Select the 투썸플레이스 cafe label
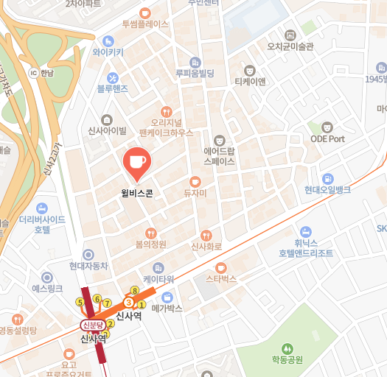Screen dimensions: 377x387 click(x=145, y=24)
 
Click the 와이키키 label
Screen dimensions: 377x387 click(x=108, y=52)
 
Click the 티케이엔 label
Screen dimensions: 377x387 click(x=249, y=81)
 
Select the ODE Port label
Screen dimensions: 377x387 click(x=327, y=138)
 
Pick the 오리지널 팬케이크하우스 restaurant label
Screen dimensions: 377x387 click(x=165, y=127)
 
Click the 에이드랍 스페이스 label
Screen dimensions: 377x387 click(x=219, y=154)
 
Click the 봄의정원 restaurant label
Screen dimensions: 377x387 click(x=150, y=244)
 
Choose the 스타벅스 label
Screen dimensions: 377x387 click(x=220, y=279)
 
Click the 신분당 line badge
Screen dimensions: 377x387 click(x=94, y=325)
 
